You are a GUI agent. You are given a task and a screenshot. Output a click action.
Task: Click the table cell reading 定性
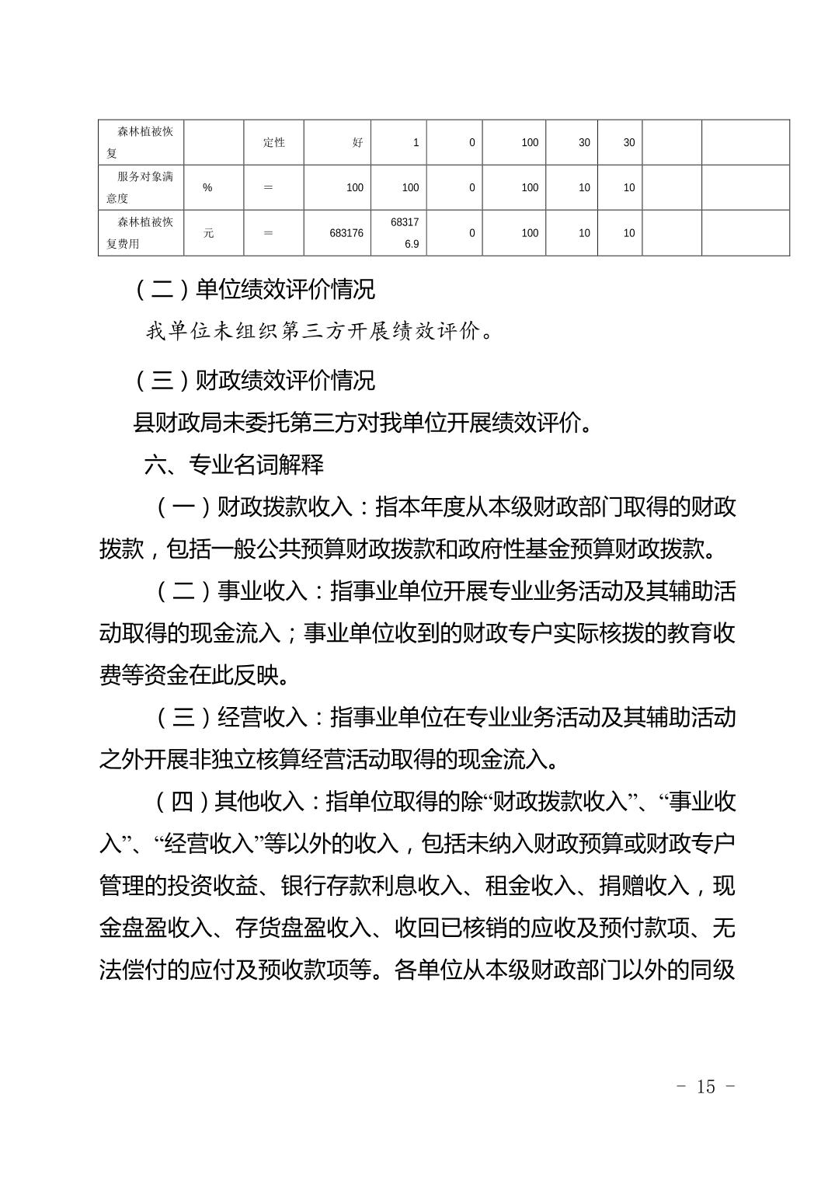[x=273, y=142]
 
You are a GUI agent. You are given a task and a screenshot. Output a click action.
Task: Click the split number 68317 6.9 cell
[x=405, y=232]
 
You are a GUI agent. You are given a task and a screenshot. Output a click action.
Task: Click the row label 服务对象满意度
[x=141, y=187]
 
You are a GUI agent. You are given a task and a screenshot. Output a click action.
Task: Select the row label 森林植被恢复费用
[x=141, y=232]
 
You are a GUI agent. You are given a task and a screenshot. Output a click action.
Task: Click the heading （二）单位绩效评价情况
[x=255, y=289]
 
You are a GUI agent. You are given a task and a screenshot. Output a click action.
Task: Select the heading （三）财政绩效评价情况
[x=255, y=380]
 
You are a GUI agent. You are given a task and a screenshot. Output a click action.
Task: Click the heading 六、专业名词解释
[x=234, y=465]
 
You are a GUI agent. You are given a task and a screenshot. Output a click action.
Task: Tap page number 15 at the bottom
[x=705, y=1086]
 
